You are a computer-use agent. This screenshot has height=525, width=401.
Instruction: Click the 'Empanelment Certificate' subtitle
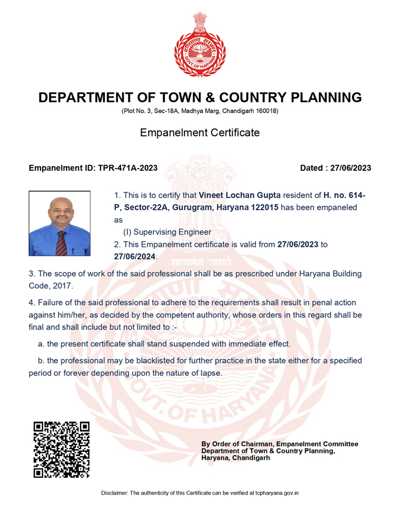tap(200, 132)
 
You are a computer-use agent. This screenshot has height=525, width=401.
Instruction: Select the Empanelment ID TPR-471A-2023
tap(128, 168)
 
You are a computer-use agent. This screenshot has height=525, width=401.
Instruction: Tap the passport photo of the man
tap(60, 223)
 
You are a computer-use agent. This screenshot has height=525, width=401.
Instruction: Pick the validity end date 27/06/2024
tap(135, 257)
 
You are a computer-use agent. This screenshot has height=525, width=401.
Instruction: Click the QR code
tap(62, 450)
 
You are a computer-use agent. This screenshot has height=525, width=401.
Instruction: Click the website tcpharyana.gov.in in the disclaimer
tap(274, 493)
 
